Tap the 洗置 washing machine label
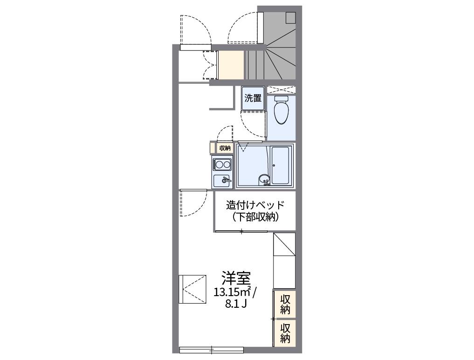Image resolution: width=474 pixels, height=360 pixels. pos(253,98)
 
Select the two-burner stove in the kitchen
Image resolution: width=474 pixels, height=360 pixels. pos(222,165)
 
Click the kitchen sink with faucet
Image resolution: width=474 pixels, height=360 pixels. pos(222,181)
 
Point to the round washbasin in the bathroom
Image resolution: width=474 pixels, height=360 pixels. pos(264,180)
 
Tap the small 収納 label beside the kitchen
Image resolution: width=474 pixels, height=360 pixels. pos(225,148)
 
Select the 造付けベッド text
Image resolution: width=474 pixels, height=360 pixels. pos(255,205)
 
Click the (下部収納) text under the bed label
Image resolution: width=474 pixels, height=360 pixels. pos(255,217)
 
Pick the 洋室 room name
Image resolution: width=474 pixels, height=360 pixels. pos(236,278)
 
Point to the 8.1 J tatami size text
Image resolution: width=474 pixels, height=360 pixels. pos(236,304)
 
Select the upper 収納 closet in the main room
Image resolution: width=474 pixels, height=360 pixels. pos(285,304)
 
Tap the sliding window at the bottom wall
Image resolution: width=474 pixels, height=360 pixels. pos(212,350)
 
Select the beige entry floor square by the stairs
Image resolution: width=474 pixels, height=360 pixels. pos(231,65)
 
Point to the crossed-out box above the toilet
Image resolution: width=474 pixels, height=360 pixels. pos(281,90)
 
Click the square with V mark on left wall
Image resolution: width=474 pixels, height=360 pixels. pos(192,289)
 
